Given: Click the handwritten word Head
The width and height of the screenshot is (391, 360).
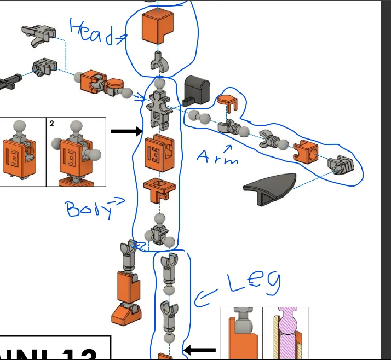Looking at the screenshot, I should click(x=93, y=32).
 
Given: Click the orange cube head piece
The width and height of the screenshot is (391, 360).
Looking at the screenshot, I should click(x=158, y=27).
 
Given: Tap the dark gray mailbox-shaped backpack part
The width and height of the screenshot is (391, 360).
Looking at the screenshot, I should click(x=197, y=89).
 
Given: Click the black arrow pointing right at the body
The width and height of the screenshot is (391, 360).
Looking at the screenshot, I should click(x=126, y=131).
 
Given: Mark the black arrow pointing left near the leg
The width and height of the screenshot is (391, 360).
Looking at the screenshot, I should click(x=199, y=350).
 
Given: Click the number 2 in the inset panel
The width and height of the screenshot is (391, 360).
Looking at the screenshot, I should click(x=51, y=124).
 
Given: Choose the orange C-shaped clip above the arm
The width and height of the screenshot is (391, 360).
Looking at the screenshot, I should click(x=227, y=101).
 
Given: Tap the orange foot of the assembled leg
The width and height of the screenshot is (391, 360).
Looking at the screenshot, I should click(x=126, y=312).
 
